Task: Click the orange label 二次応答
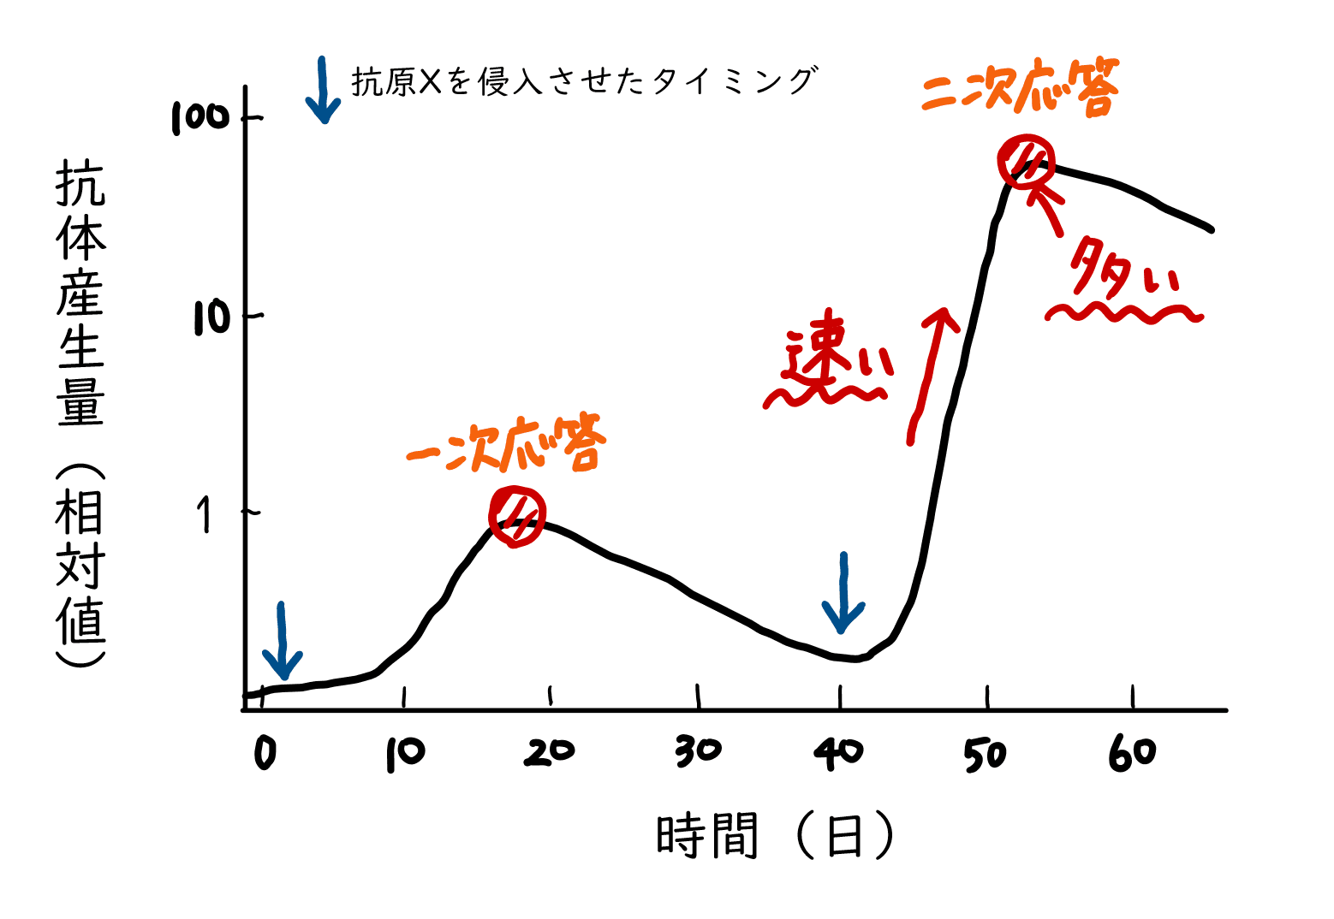(1021, 86)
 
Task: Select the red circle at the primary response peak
(517, 516)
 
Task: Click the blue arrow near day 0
(282, 642)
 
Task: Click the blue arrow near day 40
(843, 594)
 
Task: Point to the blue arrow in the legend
(323, 91)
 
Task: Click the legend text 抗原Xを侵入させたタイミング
(583, 81)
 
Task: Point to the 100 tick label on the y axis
(200, 117)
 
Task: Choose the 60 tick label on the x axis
(1132, 753)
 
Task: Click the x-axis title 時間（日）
(775, 836)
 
